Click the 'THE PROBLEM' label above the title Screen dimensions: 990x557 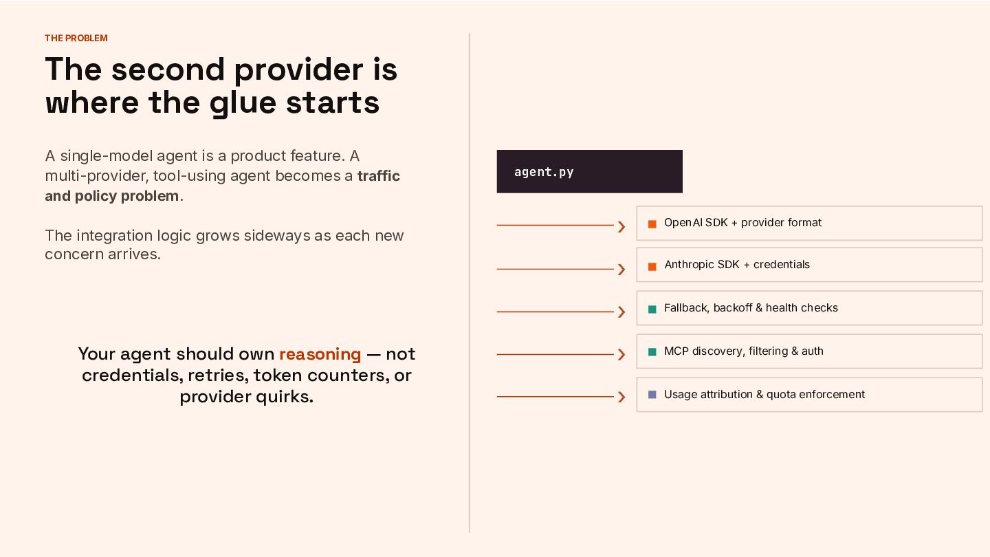76,38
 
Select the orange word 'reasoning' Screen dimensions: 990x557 320,355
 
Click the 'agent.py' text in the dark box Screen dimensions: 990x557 544,171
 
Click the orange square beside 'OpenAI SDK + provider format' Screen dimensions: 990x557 652,224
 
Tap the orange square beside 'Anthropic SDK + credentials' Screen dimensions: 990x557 652,267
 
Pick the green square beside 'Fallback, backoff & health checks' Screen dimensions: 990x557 652,309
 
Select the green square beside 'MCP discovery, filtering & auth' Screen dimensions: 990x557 652,352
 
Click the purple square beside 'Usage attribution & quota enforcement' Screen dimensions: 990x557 652,394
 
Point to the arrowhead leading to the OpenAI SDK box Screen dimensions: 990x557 621,227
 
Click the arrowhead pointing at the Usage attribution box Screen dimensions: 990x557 621,397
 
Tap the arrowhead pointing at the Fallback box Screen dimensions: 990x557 621,312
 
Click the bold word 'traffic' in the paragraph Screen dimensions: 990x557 378,176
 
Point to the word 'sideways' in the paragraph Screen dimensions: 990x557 277,236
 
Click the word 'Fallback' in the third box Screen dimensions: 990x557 687,307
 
